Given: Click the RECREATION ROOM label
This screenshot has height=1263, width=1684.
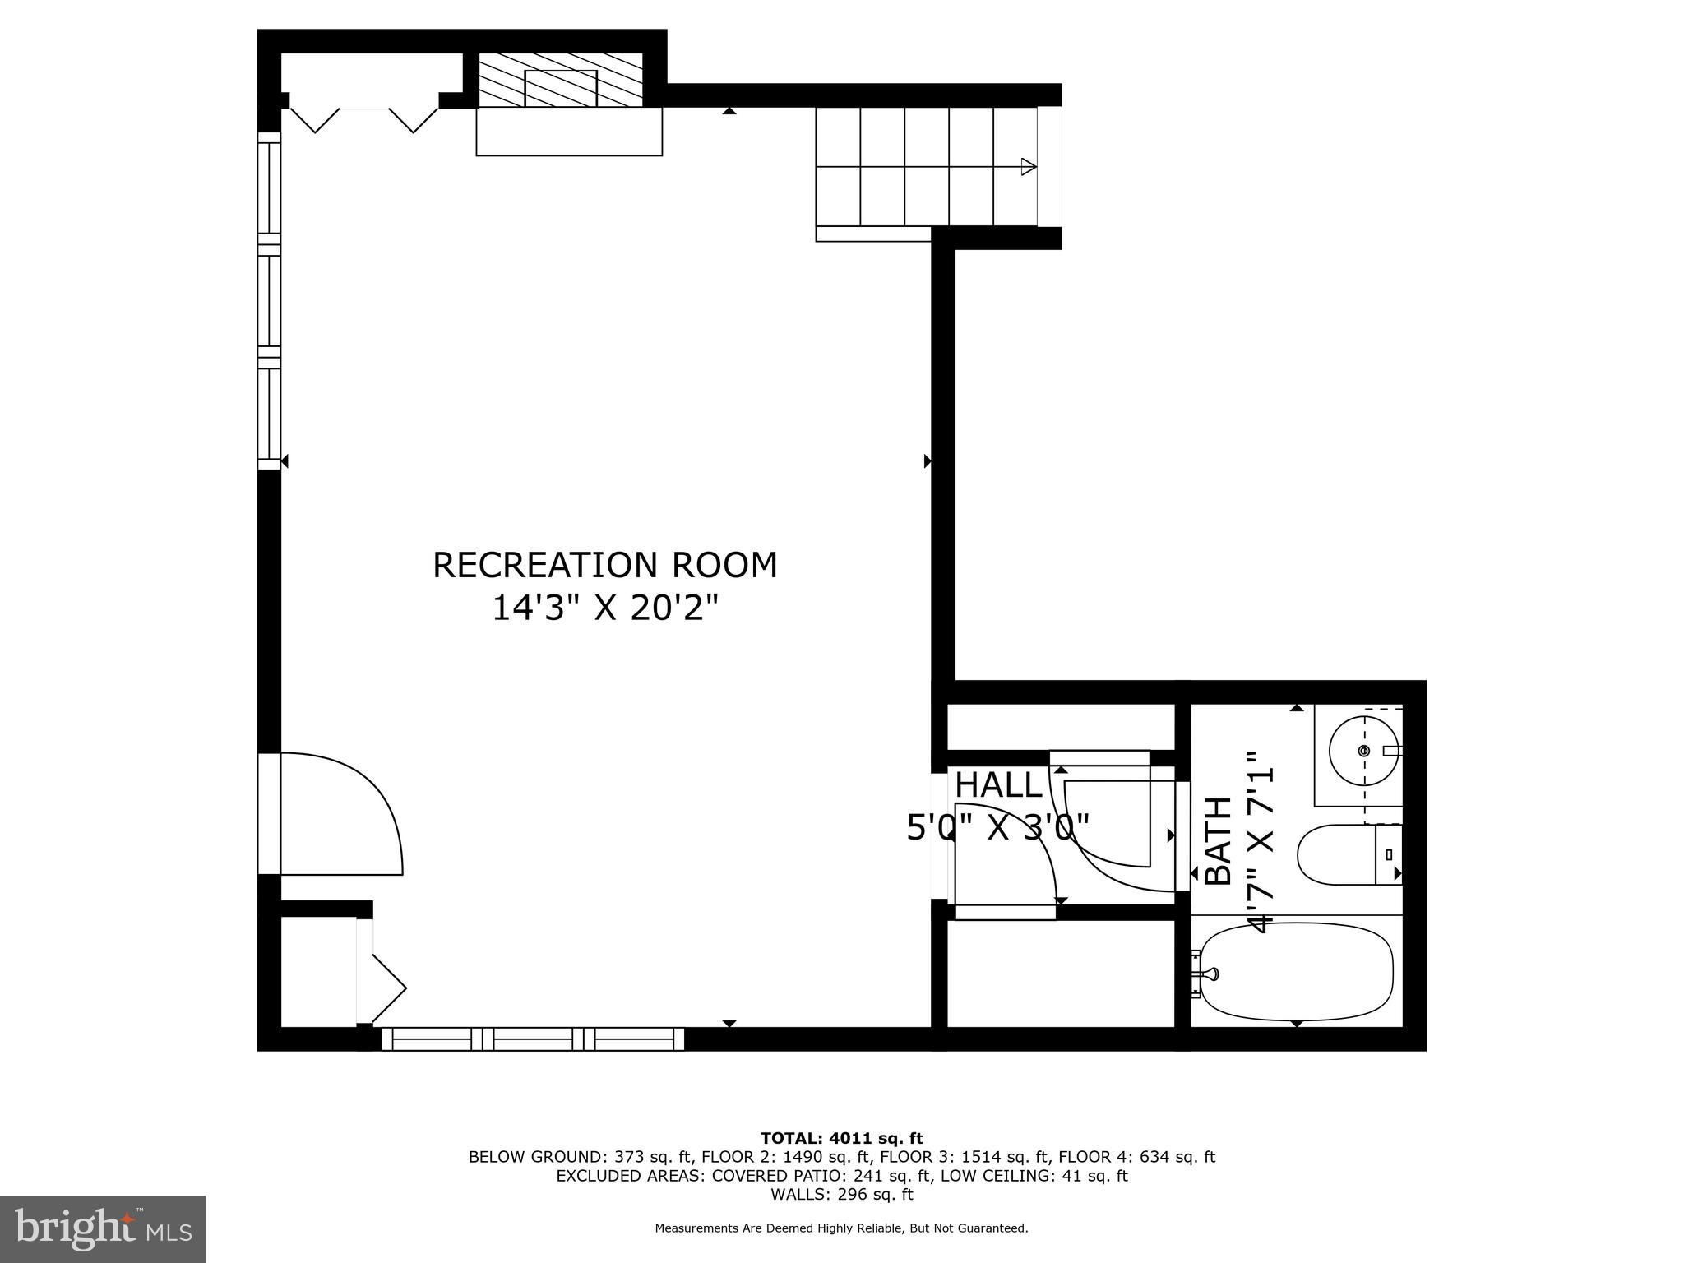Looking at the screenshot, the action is [605, 565].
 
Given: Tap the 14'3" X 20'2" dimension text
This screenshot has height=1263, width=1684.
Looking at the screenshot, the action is [605, 608].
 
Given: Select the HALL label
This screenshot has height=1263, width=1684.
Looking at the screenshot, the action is [998, 785].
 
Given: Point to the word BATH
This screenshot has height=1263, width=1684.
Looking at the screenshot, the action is [1218, 840].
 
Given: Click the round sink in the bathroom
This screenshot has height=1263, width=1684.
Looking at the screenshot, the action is [1365, 751].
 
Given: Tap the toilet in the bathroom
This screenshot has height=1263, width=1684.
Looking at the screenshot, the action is [1349, 855].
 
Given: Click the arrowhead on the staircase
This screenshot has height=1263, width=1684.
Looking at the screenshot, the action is [1029, 167].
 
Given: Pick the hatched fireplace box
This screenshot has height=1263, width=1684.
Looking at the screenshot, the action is [560, 80].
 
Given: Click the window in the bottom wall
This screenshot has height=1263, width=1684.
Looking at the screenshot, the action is [533, 1039].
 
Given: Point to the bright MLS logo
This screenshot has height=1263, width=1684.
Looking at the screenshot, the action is [103, 1228].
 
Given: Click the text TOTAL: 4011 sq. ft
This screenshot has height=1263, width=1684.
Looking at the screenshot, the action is [842, 1138].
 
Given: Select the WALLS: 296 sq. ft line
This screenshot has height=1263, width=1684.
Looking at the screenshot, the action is [842, 1195].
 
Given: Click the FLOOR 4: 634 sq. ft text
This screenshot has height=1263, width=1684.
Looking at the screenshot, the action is [1136, 1157].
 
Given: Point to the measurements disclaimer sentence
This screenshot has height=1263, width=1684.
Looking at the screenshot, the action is [841, 1228].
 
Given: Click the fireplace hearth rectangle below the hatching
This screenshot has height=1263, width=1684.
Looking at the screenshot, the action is [569, 132].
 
